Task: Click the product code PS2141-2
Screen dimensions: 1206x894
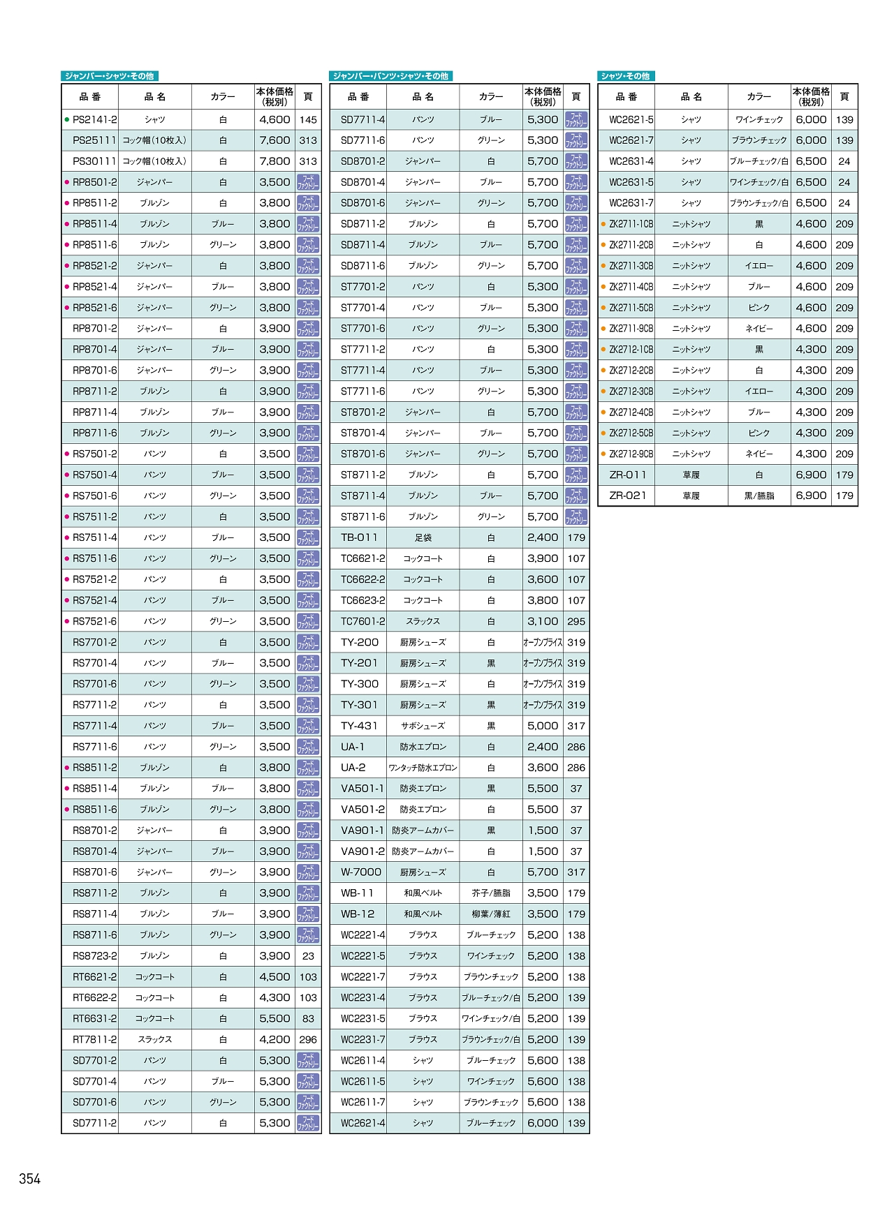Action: coord(95,119)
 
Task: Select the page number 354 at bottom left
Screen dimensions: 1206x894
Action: coord(30,1179)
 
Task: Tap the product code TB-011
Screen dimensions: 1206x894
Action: coord(359,537)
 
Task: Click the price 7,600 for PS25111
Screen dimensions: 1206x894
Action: coord(274,140)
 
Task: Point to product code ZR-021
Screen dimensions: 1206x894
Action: coord(627,496)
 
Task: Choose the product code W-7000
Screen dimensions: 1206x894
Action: coord(361,872)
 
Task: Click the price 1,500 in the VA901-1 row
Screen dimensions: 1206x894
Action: coord(543,831)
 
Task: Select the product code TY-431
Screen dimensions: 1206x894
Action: coord(359,726)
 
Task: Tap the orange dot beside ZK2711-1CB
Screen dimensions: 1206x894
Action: coord(603,224)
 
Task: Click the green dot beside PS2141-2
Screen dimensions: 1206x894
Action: coord(66,119)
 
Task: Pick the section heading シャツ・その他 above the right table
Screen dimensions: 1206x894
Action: coord(626,76)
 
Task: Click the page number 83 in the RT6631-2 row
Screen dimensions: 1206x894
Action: coord(308,1018)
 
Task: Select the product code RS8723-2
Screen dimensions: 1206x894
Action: coord(95,955)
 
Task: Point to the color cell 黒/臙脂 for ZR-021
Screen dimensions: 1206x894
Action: coord(759,496)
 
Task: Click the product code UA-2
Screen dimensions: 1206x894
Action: coord(353,768)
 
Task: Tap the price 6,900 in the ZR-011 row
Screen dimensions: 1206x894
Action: coord(811,475)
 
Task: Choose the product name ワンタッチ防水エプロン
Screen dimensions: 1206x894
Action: coord(423,768)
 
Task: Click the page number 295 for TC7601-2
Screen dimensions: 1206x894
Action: coord(576,621)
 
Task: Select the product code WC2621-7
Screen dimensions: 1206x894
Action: coord(631,140)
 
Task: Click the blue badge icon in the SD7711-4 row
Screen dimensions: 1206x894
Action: coord(576,119)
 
